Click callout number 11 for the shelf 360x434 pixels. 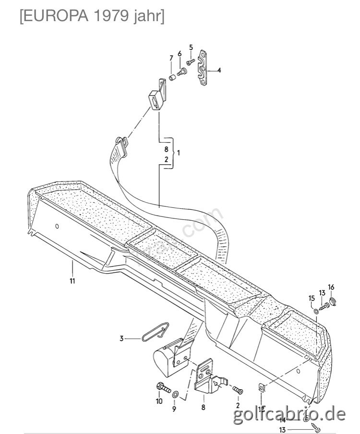tap(72, 281)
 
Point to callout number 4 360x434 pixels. tap(219, 70)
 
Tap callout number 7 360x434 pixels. tap(170, 59)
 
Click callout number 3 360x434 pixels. tap(122, 339)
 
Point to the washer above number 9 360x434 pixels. tap(176, 394)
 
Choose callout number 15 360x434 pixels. tap(311, 298)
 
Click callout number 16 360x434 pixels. tap(331, 287)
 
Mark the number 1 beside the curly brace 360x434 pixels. tap(178, 153)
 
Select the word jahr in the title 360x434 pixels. tap(149, 17)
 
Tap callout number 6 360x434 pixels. tap(180, 54)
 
